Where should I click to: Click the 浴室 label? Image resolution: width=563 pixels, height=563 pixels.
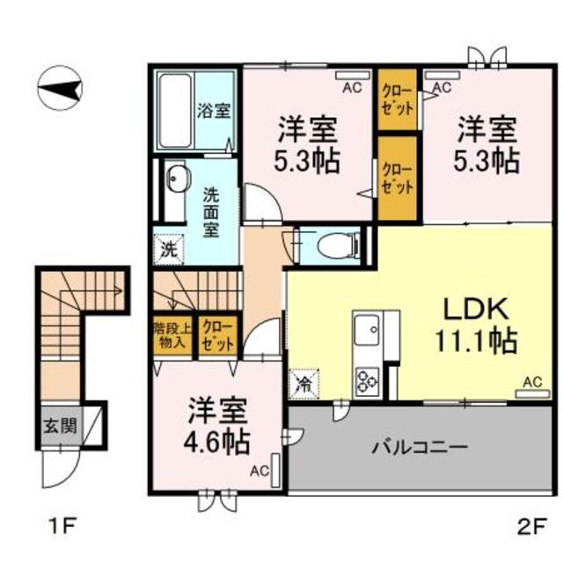[214, 112]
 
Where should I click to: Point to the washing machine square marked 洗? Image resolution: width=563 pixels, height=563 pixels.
[169, 249]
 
